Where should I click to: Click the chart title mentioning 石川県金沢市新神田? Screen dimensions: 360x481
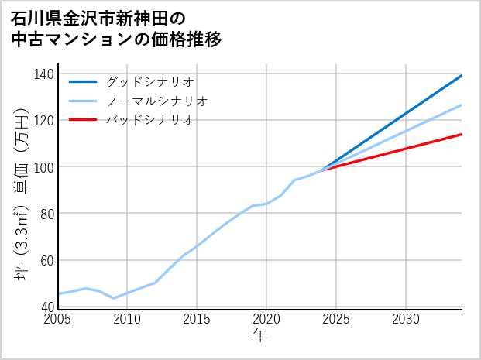point(116,27)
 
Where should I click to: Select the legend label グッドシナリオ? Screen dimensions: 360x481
point(149,81)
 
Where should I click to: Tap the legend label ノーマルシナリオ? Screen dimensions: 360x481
point(156,101)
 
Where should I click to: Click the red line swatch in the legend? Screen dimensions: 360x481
point(84,120)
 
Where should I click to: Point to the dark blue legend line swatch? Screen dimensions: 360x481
point(84,81)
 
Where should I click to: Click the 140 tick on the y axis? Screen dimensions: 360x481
point(44,74)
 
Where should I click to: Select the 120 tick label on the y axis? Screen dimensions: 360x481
point(44,120)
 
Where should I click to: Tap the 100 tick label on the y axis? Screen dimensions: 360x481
point(44,166)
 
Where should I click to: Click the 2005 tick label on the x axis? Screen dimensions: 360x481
point(58,319)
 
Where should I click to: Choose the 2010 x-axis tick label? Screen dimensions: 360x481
point(128,319)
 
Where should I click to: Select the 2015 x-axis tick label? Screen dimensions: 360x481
point(198,319)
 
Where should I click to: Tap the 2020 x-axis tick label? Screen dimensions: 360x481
point(266,319)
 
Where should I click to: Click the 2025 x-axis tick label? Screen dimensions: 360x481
point(336,319)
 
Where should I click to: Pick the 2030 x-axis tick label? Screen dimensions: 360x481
point(406,319)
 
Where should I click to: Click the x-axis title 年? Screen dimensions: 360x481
point(260,336)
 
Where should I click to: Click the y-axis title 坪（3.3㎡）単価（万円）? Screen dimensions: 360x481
point(21,190)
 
